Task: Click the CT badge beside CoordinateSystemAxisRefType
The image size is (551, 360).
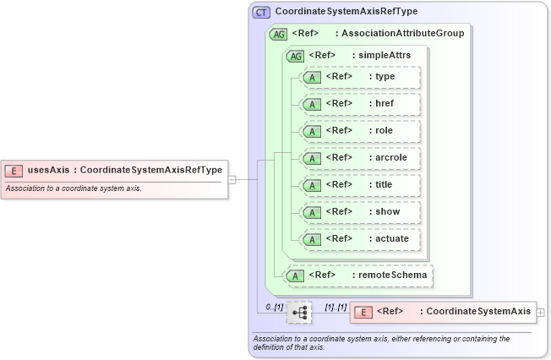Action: [x=262, y=13]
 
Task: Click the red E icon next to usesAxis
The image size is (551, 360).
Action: [x=14, y=170]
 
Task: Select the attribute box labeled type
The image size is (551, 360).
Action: [x=360, y=77]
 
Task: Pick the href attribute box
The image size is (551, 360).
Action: [x=360, y=104]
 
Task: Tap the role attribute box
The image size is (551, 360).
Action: [x=360, y=131]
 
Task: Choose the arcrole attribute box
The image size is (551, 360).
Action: [x=360, y=158]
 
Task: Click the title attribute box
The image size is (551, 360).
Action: [x=360, y=185]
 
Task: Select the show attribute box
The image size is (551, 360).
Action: [x=360, y=212]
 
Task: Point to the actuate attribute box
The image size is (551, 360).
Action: [x=360, y=239]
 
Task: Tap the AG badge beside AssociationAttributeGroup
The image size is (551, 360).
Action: [x=278, y=35]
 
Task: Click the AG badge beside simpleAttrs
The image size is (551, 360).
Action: [x=296, y=56]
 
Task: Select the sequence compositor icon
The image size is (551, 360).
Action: [x=299, y=312]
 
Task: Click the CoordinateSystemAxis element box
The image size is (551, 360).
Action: [x=442, y=312]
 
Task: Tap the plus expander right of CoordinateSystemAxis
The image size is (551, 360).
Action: [x=540, y=312]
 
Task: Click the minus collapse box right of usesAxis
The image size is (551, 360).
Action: [x=232, y=179]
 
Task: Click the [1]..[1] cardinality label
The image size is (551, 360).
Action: [x=336, y=306]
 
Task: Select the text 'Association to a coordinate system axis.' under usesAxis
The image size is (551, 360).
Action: [x=74, y=188]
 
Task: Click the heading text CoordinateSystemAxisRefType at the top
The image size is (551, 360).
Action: [x=346, y=12]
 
